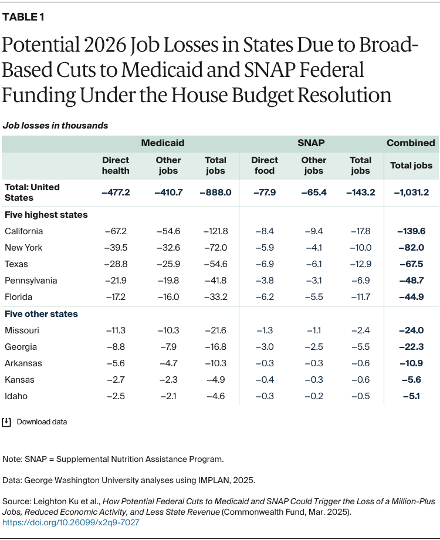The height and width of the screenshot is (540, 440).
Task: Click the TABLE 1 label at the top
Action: tap(23, 17)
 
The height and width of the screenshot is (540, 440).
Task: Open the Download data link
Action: tap(42, 421)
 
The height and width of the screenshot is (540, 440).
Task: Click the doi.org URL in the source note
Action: tap(71, 522)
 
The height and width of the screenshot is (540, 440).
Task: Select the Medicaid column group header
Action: tap(163, 143)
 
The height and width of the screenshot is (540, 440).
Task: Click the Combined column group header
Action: tap(411, 143)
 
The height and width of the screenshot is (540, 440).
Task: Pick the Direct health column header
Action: tap(116, 165)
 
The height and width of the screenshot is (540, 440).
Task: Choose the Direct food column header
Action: tap(265, 165)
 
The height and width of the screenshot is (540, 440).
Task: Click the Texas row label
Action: tap(16, 264)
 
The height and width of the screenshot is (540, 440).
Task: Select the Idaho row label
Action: tap(16, 396)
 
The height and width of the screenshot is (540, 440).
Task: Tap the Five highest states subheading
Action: tap(46, 215)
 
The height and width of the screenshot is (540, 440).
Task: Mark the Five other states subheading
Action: tap(41, 314)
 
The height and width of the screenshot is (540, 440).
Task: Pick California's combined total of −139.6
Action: tap(412, 231)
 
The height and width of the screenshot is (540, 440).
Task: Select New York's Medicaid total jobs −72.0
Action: tap(215, 248)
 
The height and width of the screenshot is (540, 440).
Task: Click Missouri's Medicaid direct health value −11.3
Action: tap(116, 330)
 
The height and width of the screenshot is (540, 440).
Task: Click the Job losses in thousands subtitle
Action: tap(55, 125)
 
